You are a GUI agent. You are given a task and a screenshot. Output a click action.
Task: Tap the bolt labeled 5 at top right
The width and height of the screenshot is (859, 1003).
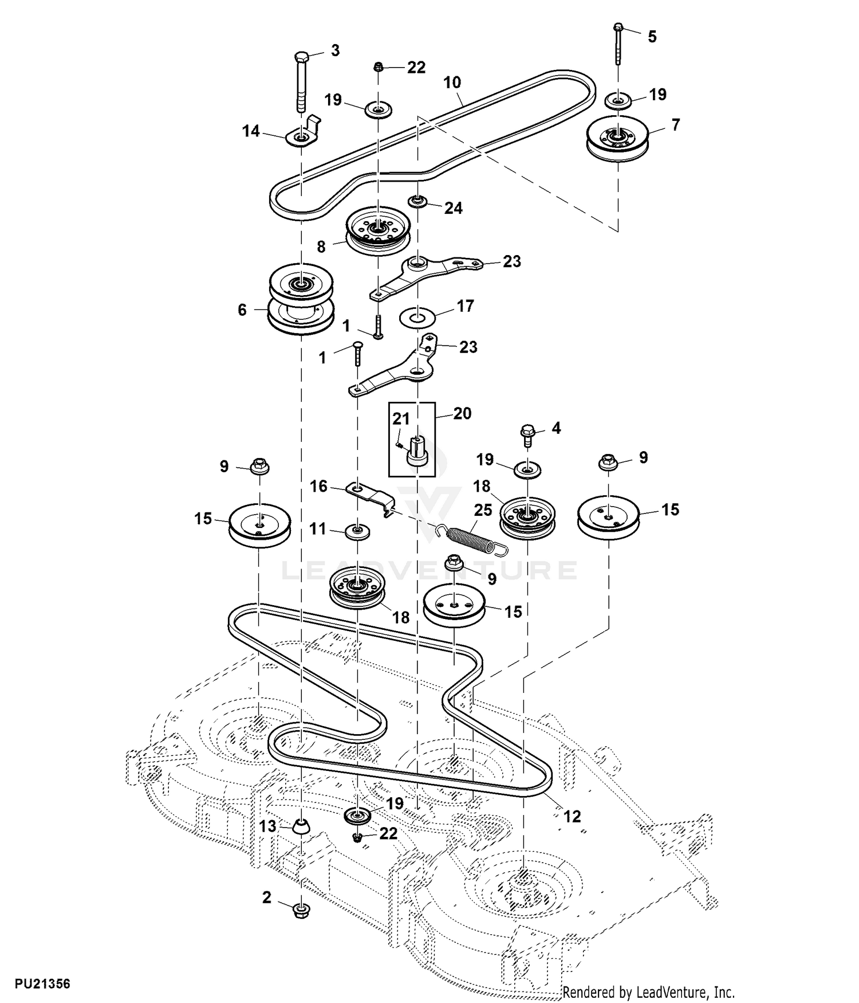618,45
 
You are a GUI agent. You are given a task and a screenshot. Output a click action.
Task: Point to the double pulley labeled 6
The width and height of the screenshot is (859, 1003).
301,299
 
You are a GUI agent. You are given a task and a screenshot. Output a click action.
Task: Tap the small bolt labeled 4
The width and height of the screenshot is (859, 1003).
527,436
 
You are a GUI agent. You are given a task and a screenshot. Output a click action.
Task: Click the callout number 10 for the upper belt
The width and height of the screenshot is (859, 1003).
452,83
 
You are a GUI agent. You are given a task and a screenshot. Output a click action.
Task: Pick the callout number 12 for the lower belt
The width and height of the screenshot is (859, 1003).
572,816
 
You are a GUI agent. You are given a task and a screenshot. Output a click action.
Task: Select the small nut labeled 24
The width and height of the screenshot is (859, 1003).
418,201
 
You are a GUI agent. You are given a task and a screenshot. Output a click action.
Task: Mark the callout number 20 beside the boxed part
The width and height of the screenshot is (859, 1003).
462,413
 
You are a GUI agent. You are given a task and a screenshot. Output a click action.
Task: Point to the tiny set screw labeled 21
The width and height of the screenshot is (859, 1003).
400,444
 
